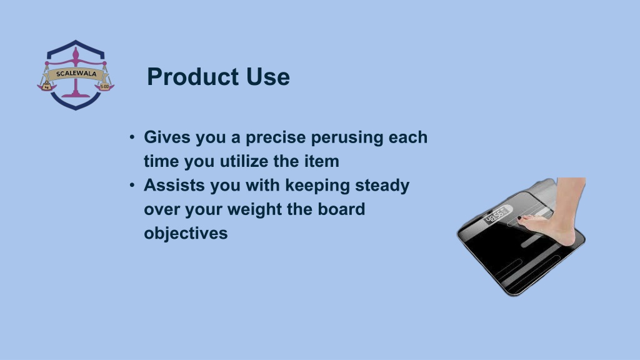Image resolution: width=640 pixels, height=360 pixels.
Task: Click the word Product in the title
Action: (x=192, y=77)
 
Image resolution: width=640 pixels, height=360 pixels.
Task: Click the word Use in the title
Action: (x=267, y=77)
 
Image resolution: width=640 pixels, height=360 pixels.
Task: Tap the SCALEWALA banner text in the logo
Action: (x=76, y=74)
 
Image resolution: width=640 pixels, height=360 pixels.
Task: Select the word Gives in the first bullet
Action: (x=167, y=137)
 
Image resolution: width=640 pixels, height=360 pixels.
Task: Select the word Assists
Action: (x=174, y=185)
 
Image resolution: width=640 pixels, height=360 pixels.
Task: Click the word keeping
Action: (x=317, y=185)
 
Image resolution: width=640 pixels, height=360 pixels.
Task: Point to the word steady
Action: (x=382, y=185)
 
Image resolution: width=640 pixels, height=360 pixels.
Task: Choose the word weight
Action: (x=254, y=209)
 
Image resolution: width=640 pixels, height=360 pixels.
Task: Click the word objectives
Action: (x=186, y=234)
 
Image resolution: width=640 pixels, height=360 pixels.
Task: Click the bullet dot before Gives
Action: (x=132, y=137)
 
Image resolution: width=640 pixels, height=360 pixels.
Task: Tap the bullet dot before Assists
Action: (x=132, y=185)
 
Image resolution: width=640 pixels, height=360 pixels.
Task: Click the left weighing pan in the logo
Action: (x=46, y=86)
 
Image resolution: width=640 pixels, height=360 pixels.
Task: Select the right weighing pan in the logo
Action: (x=104, y=87)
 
